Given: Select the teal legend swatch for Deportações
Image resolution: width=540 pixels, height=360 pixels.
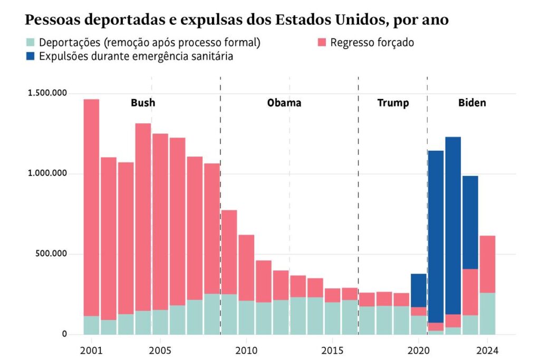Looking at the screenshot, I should [x=31, y=43].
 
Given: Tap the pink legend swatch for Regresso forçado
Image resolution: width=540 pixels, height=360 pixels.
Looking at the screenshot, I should [x=322, y=43].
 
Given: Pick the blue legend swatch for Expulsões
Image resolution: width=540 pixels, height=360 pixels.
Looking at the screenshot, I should [x=31, y=56].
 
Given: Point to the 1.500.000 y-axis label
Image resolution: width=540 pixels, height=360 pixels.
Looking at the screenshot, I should [x=47, y=93].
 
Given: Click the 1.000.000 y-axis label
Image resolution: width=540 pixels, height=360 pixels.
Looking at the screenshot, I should [x=47, y=173].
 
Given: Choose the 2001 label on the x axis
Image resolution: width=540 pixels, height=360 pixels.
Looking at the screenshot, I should [x=91, y=350].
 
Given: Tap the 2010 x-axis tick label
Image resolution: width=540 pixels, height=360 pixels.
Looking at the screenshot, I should [x=246, y=350].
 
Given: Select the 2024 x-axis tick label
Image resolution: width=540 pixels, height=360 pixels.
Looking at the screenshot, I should [x=487, y=350].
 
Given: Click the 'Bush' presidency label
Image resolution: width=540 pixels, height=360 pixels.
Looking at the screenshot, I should [x=143, y=103].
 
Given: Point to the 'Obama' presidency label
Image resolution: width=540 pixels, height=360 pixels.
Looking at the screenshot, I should [x=284, y=103].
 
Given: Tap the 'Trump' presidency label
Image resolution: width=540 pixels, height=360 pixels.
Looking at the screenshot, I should [x=393, y=103].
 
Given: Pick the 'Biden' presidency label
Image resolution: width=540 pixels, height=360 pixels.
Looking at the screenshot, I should [x=472, y=103].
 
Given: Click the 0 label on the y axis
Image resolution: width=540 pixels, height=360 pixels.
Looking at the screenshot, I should [x=64, y=334].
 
